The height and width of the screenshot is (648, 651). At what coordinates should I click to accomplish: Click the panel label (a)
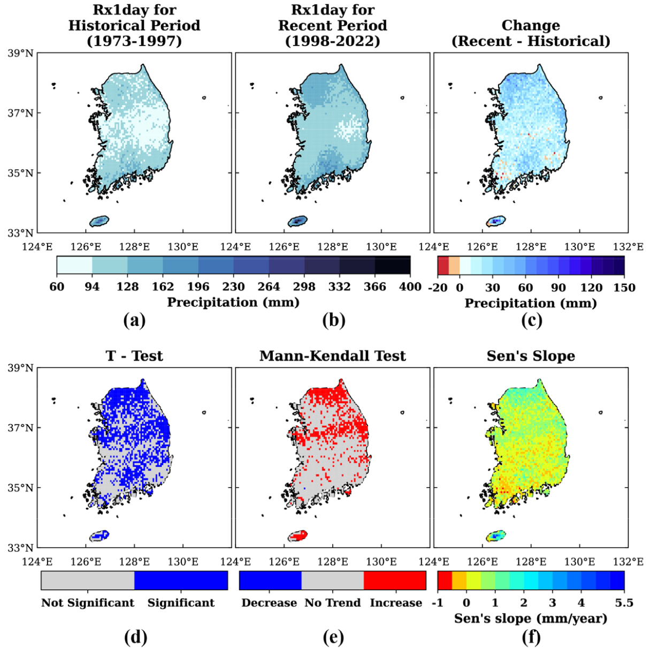pyautogui.click(x=134, y=320)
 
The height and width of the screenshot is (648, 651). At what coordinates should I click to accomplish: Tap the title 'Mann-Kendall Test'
pyautogui.click(x=332, y=356)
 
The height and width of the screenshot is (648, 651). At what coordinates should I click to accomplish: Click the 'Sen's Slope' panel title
pyautogui.click(x=531, y=356)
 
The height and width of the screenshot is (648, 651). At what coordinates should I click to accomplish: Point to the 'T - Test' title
pyautogui.click(x=134, y=356)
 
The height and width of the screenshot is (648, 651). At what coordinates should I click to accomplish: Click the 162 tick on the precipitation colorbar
pyautogui.click(x=163, y=287)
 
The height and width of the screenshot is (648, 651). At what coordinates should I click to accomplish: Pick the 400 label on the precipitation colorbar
pyautogui.click(x=410, y=287)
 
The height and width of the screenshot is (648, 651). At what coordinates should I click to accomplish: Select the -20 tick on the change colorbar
pyautogui.click(x=437, y=287)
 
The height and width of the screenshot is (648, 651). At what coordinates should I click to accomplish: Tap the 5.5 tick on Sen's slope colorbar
pyautogui.click(x=624, y=603)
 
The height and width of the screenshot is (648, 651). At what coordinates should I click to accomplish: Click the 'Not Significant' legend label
pyautogui.click(x=88, y=603)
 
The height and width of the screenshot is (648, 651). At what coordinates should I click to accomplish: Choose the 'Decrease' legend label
pyautogui.click(x=269, y=603)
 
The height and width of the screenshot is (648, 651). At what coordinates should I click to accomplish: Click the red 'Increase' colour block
pyautogui.click(x=395, y=581)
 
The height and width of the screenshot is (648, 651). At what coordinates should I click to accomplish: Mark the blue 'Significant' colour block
pyautogui.click(x=181, y=581)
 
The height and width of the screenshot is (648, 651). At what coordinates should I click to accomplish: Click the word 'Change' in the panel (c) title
pyautogui.click(x=531, y=25)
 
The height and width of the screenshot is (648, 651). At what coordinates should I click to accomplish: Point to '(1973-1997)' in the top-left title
pyautogui.click(x=134, y=41)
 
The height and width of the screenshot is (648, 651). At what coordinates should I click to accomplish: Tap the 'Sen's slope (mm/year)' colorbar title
pyautogui.click(x=531, y=619)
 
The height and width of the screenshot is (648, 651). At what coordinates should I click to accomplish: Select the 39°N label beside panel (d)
pyautogui.click(x=21, y=368)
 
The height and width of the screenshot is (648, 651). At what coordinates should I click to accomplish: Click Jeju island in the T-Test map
pyautogui.click(x=99, y=536)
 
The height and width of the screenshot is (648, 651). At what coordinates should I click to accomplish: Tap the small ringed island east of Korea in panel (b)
pyautogui.click(x=402, y=98)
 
